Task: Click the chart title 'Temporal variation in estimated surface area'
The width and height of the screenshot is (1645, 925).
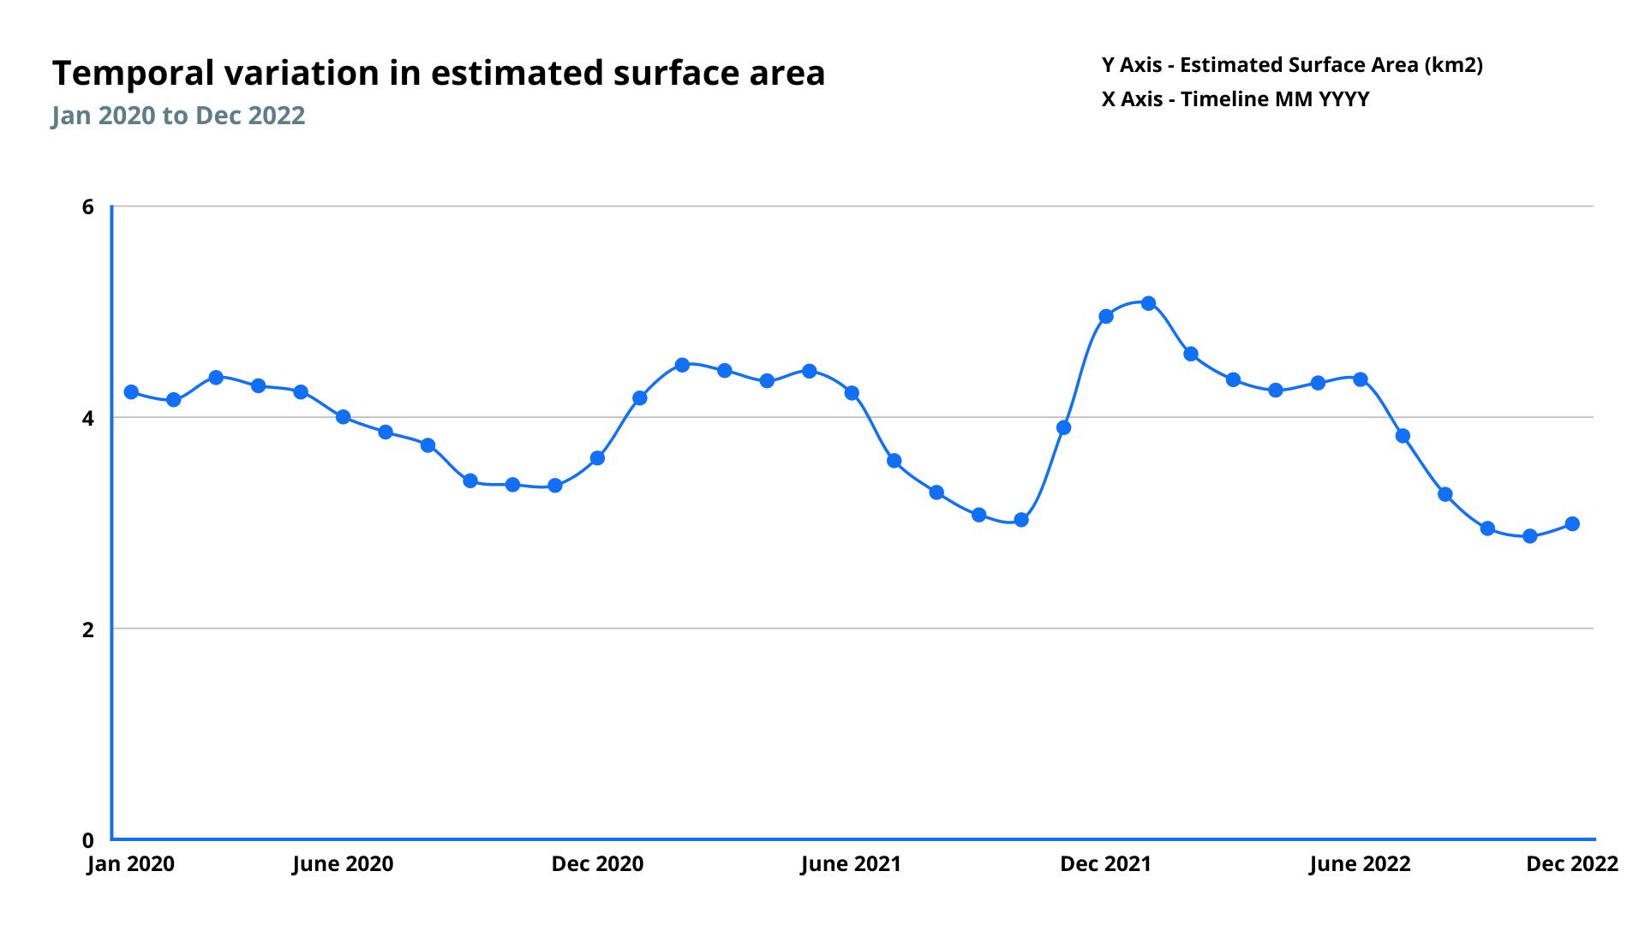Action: (438, 74)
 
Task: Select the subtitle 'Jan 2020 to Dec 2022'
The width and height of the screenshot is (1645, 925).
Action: (178, 116)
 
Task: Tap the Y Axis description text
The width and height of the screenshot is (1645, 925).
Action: (1292, 65)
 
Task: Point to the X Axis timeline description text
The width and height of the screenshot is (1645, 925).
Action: (1235, 99)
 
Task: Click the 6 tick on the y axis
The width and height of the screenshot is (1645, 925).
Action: (87, 206)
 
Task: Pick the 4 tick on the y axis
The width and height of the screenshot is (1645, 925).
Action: (87, 418)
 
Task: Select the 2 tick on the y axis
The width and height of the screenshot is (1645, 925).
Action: (87, 630)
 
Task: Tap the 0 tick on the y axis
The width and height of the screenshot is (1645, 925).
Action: (87, 840)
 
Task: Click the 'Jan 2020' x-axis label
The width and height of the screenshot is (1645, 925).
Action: (131, 863)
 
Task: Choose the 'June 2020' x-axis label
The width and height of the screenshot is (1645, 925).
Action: (343, 863)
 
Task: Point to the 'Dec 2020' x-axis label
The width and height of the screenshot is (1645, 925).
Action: (597, 863)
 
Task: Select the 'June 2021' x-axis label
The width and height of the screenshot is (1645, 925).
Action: (851, 863)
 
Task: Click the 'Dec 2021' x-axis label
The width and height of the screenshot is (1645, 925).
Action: (1105, 863)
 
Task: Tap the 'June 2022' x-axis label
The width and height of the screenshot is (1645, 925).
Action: (1360, 863)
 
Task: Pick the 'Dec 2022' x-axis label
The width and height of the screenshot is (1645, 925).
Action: (1571, 863)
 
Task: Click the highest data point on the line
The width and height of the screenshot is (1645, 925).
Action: (1148, 303)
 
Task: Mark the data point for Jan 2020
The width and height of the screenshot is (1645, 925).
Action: (131, 392)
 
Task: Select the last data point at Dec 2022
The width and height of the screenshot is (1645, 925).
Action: (1572, 524)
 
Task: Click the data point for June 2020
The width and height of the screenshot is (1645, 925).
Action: (343, 417)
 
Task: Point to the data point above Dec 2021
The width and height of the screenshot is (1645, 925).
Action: (1106, 316)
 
